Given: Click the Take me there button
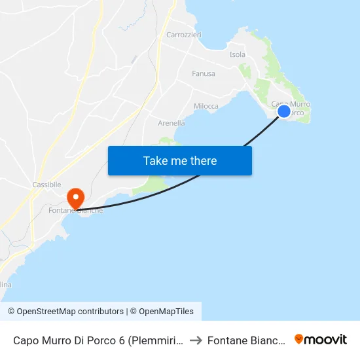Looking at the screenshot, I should tap(180, 160).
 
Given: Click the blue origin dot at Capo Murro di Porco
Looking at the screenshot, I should tap(284, 111).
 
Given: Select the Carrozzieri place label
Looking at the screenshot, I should tap(184, 35).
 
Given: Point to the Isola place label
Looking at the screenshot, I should tap(238, 55).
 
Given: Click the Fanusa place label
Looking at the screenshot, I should tap(204, 74).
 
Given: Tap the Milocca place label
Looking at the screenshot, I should tap(207, 106).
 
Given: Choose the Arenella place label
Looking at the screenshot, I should tap(171, 123).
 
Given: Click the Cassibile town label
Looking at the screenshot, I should tap(46, 185).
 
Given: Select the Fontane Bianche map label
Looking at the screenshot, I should tap(76, 211).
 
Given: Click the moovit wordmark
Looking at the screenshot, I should tap(326, 339).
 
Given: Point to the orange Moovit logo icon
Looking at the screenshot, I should tap(299, 339).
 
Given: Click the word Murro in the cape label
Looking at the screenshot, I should tap(300, 105).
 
